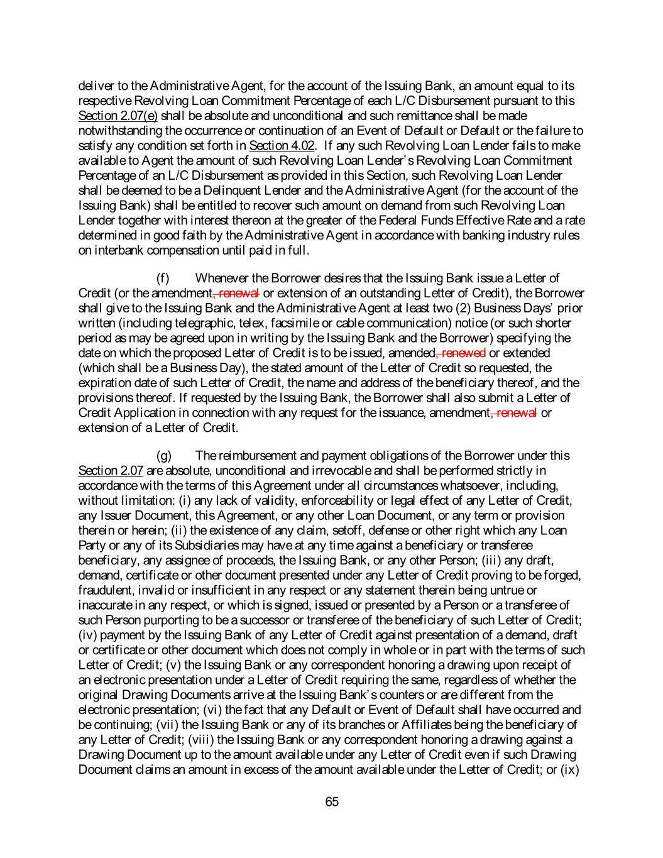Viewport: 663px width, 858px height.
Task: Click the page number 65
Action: point(332,801)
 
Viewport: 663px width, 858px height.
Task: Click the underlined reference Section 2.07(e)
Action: point(118,116)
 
